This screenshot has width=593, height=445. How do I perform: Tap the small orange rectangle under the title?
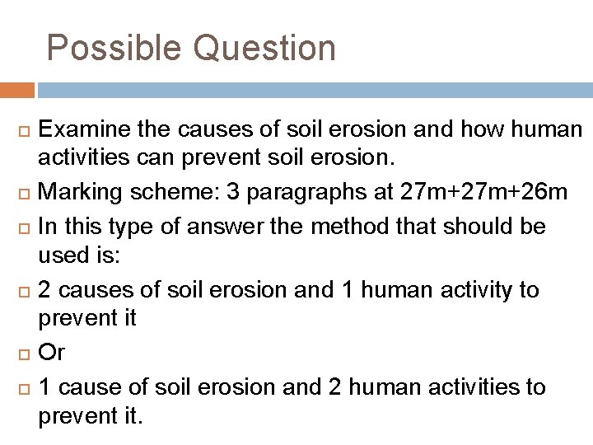(17, 90)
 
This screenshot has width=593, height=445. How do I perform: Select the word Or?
(52, 353)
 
